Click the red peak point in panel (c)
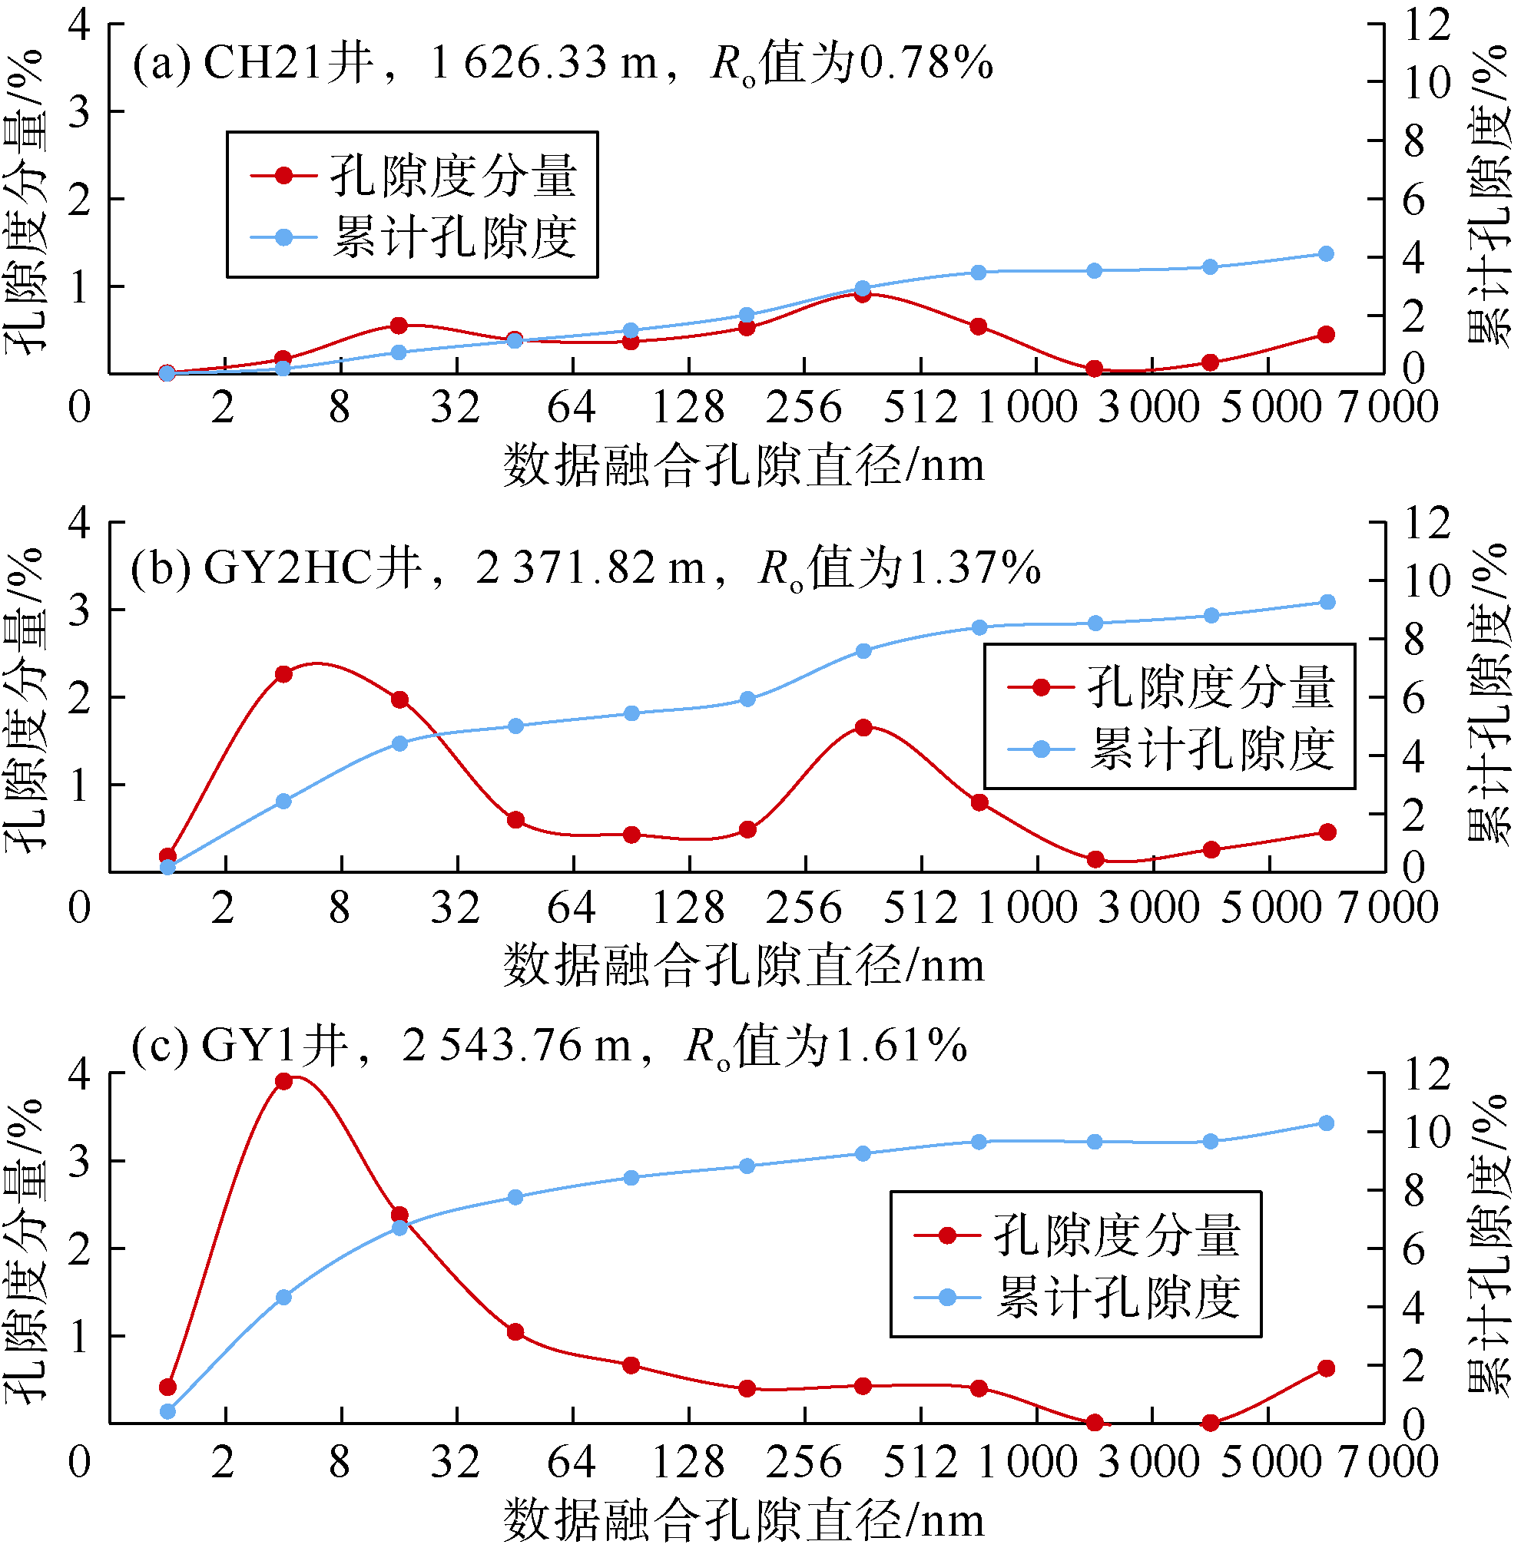(283, 1081)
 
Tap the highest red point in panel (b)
(283, 674)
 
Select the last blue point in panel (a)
(1326, 254)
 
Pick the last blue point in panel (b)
(1327, 602)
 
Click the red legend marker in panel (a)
(283, 175)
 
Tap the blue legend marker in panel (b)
(1041, 749)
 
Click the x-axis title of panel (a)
(744, 465)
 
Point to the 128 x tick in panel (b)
(688, 908)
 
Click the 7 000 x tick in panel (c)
(1388, 1462)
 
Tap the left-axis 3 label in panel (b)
(79, 610)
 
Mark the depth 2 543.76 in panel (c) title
(492, 1045)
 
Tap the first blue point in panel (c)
(167, 1411)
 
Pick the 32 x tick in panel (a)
(456, 407)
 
